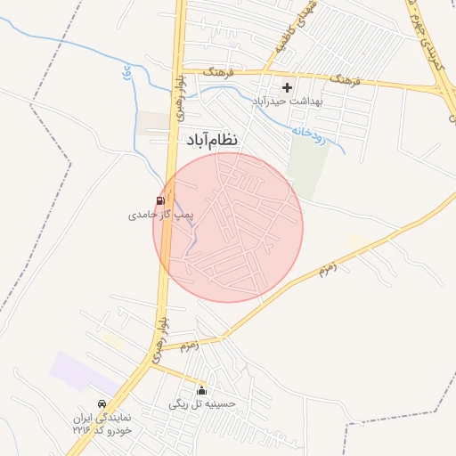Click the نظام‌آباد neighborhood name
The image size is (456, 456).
click(213, 140)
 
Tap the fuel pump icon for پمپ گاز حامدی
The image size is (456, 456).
click(160, 200)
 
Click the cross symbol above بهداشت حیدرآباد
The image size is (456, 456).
click(287, 87)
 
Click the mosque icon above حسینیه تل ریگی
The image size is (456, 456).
click(202, 390)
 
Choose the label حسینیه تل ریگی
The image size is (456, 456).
click(202, 403)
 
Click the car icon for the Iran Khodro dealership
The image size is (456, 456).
click(102, 403)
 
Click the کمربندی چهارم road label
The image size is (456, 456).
click(427, 36)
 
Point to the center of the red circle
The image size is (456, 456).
click(228, 227)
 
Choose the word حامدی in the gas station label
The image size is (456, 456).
click(142, 215)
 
